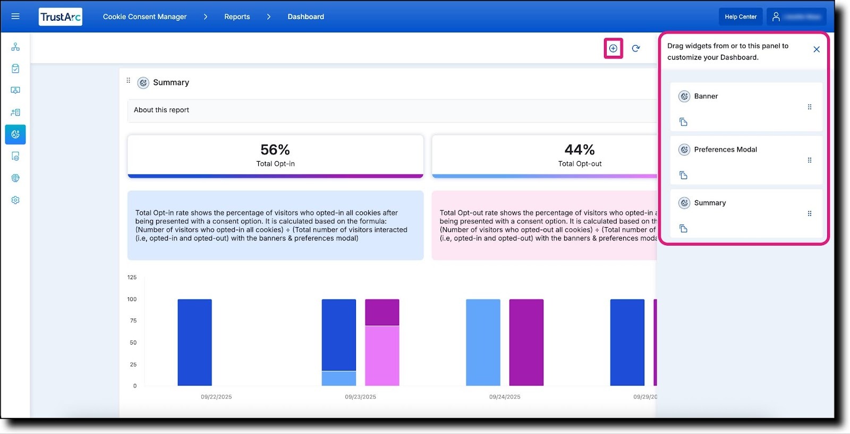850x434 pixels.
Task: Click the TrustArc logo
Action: point(61,17)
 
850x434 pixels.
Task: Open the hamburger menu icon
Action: point(15,16)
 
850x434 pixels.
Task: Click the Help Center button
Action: point(740,17)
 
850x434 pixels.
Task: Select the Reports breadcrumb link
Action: point(237,17)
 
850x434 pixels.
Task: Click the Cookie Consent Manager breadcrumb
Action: point(144,17)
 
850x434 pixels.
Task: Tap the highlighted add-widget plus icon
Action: point(613,48)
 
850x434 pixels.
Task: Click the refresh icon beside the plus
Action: point(636,48)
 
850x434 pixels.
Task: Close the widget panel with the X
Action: point(817,49)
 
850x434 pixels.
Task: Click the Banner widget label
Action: point(705,96)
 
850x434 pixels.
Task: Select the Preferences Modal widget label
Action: point(725,149)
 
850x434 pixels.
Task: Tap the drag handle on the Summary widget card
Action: point(810,214)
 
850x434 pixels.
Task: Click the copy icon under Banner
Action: point(684,122)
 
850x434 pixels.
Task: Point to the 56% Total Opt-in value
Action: point(275,150)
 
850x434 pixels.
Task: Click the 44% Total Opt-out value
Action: point(580,150)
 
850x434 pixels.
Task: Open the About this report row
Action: point(161,110)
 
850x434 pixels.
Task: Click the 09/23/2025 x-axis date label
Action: point(360,397)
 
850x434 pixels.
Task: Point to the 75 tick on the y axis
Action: point(133,321)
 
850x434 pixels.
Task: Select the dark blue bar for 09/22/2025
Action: point(194,342)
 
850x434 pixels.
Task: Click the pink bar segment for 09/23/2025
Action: point(382,355)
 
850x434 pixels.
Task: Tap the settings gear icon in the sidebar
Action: point(15,200)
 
